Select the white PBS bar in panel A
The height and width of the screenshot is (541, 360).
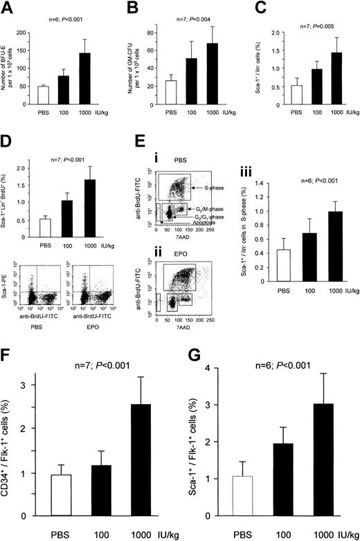[x=33, y=95]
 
